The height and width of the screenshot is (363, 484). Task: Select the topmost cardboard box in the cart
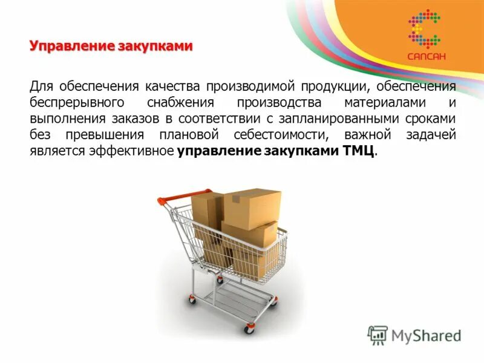click(x=252, y=208)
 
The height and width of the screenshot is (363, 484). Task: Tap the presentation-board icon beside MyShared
click(x=378, y=335)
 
